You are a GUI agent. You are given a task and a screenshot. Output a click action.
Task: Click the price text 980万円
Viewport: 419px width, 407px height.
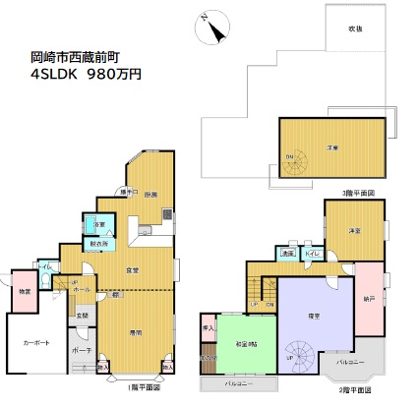point(115,73)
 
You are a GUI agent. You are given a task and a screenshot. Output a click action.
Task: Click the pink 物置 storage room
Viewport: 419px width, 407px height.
point(24,291)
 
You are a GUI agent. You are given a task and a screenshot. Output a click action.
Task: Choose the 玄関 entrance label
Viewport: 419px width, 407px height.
point(83,316)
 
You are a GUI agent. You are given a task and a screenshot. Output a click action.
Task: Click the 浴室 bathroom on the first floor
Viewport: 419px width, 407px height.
point(99,225)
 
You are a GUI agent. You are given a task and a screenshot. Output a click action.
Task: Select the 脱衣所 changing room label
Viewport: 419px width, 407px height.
point(99,244)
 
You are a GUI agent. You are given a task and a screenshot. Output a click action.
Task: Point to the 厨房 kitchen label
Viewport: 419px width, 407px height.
point(150,196)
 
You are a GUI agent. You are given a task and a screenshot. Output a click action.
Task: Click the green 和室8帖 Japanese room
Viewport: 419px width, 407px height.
point(246,343)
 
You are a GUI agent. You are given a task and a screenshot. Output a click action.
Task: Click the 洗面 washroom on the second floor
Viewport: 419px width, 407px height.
point(288,255)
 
